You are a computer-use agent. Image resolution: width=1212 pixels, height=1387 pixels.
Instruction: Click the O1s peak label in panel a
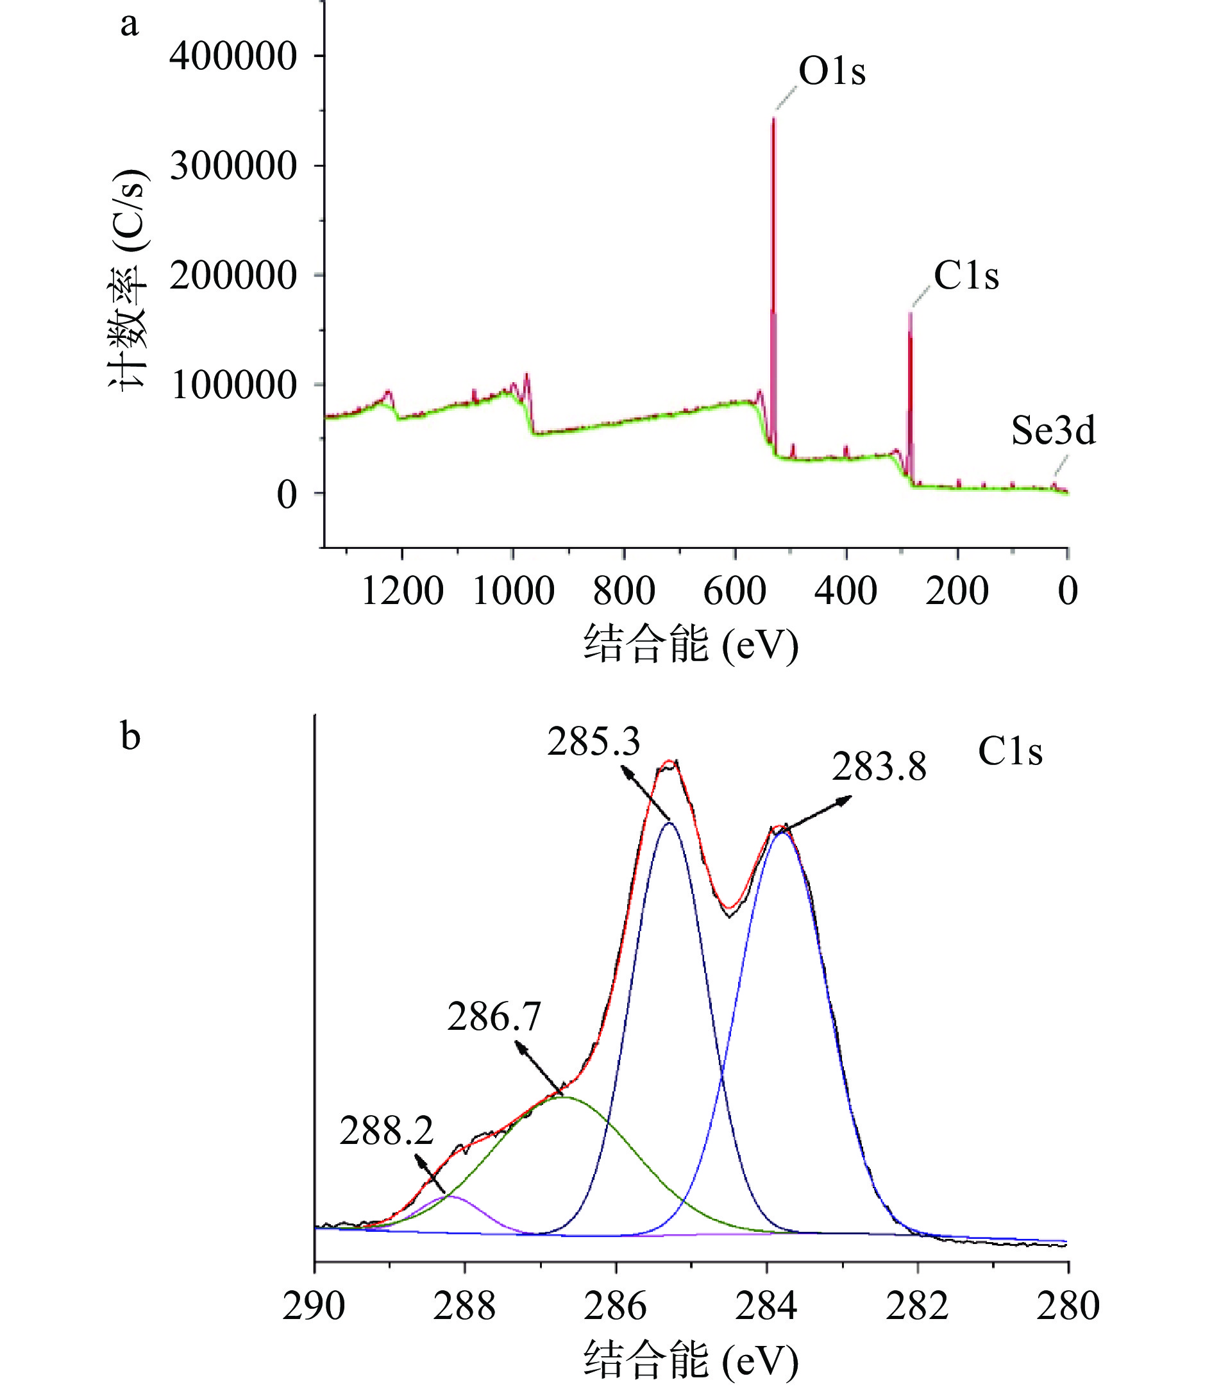click(831, 72)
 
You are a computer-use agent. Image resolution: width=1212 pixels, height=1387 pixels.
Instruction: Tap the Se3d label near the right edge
click(1053, 431)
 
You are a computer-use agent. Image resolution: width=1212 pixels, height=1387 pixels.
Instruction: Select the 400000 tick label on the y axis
click(233, 56)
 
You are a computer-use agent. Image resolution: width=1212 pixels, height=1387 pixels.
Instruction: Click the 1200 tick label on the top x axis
click(403, 591)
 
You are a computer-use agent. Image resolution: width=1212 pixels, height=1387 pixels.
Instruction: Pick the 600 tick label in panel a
click(734, 591)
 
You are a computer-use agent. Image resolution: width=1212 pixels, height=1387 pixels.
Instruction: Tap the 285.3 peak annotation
click(593, 743)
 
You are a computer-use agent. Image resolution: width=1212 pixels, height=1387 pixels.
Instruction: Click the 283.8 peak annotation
click(879, 768)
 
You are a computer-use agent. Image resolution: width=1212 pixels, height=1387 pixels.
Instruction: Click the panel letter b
click(131, 736)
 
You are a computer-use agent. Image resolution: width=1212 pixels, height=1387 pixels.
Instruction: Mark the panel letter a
click(129, 25)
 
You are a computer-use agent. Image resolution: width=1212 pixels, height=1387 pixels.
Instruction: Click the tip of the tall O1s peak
click(774, 119)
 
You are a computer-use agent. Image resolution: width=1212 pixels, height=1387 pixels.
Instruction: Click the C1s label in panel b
click(1010, 752)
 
